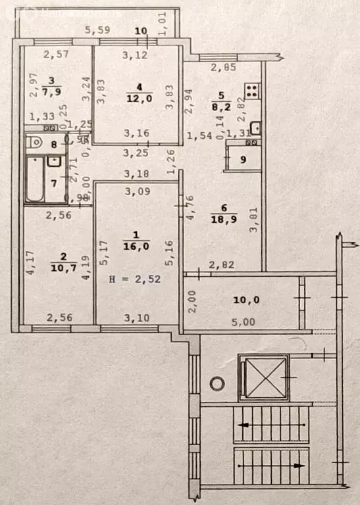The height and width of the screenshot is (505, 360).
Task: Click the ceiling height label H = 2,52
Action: [135, 279]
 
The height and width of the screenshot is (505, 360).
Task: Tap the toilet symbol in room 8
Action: [37, 141]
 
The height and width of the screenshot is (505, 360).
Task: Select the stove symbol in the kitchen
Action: [252, 89]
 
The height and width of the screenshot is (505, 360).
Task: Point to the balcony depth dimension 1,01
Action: [165, 25]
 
